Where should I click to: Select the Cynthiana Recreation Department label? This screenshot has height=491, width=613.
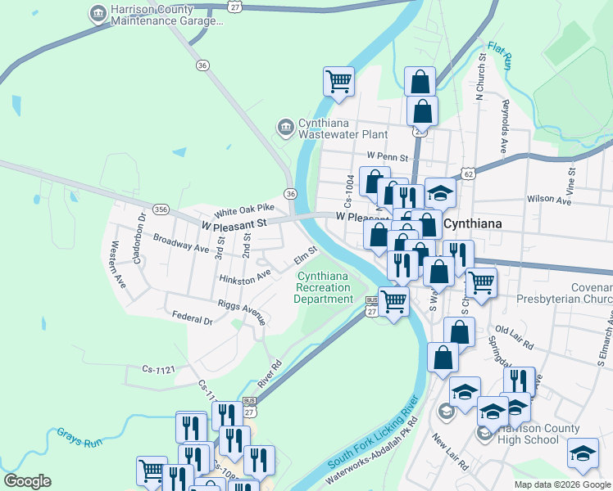(325, 287)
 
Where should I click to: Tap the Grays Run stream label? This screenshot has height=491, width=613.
(79, 436)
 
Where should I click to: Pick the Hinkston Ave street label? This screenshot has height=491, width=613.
(245, 278)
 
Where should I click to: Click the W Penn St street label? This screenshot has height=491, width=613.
(388, 155)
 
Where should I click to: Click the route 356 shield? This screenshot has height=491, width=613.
(161, 209)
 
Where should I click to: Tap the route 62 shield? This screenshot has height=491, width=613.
(468, 173)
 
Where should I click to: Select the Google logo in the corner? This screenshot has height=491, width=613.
(27, 481)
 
